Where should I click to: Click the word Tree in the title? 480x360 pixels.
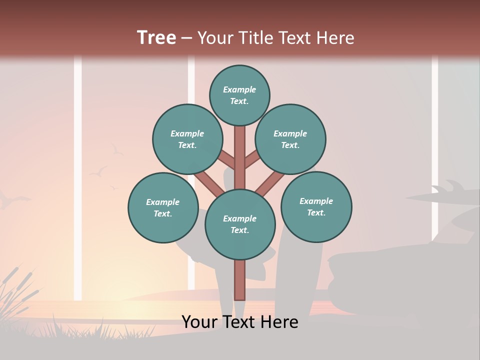click(156, 37)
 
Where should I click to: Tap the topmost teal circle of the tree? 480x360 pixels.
click(239, 95)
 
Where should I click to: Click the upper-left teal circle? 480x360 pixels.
click(187, 139)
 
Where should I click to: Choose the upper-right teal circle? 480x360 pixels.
click(290, 139)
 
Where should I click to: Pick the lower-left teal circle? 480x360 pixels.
click(163, 207)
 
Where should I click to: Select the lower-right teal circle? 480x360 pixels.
click(316, 206)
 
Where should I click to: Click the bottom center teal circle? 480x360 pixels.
click(240, 224)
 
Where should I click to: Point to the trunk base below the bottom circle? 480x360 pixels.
click(240, 280)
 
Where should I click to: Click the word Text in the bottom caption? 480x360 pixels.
click(238, 322)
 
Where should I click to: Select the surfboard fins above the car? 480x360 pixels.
click(447, 188)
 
